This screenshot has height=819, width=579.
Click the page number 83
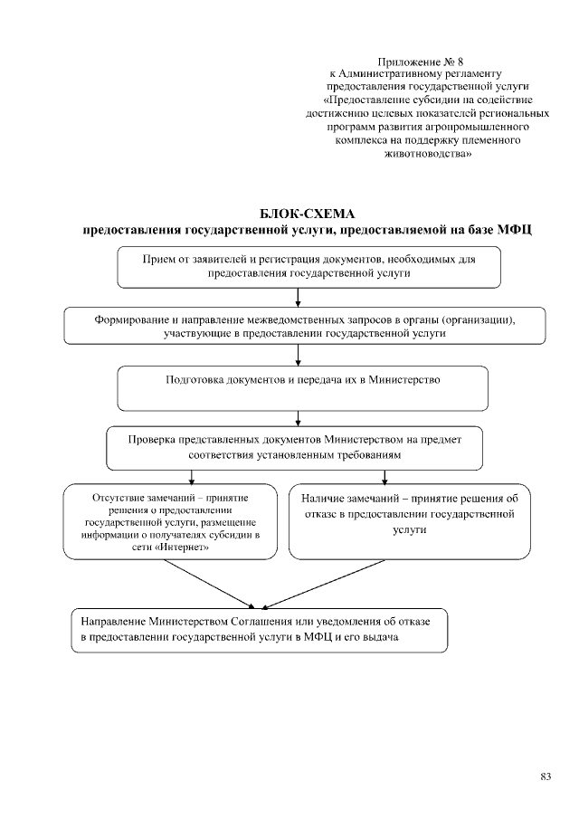tap(546, 776)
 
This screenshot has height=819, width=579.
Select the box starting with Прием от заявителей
tap(308, 265)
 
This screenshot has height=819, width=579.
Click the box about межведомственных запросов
tap(305, 326)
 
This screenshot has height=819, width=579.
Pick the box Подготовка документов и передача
tap(303, 387)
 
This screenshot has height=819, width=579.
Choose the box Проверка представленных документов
tap(294, 447)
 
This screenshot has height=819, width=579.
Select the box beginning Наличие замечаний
tap(409, 521)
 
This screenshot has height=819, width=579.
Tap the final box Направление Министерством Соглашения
tap(260, 631)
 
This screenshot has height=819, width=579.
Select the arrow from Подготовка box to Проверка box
tap(298, 418)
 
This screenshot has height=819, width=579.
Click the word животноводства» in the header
tap(439, 154)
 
